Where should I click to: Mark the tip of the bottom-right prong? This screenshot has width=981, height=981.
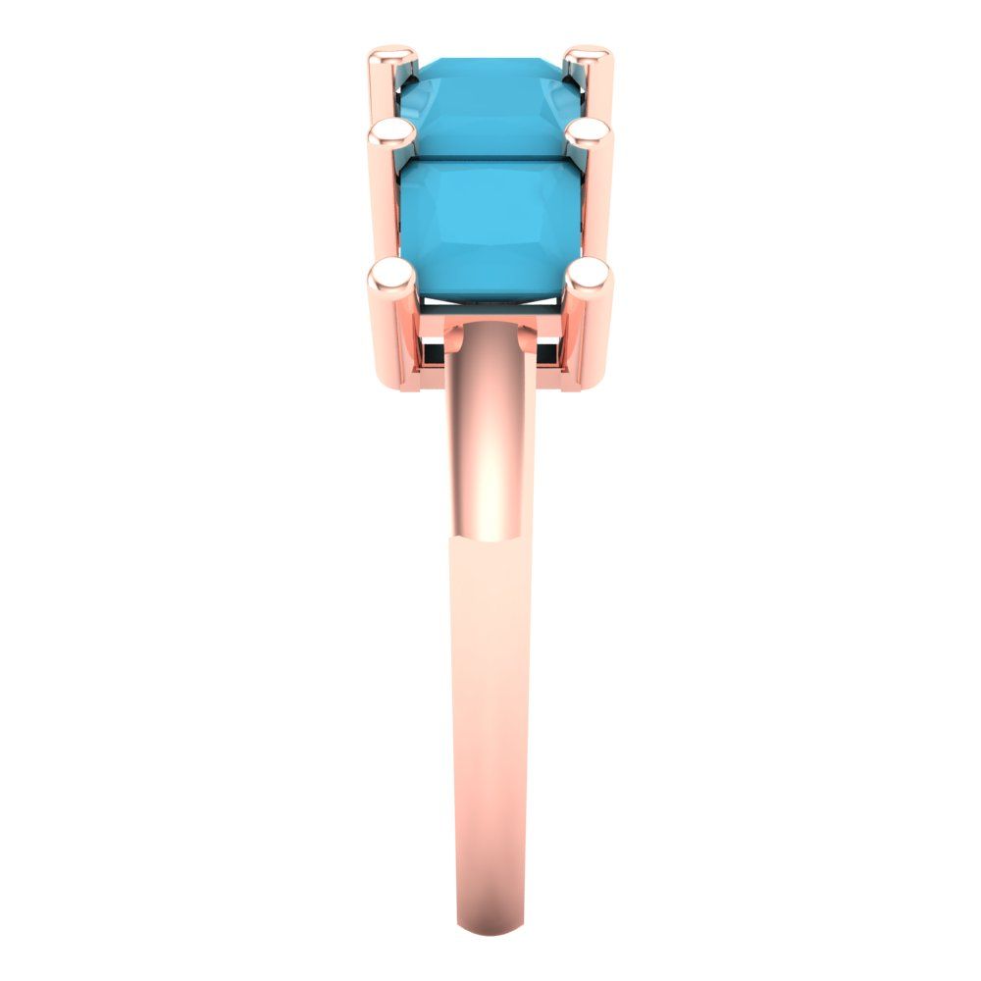(590, 272)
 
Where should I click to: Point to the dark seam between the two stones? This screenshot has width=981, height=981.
(486, 157)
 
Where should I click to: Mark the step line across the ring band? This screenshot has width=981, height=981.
(490, 538)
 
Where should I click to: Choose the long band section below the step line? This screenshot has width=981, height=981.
(490, 736)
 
